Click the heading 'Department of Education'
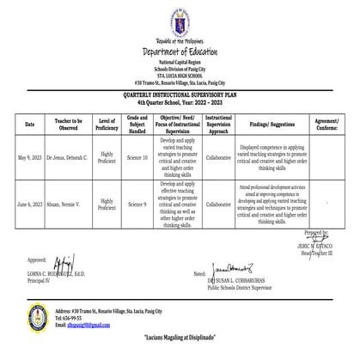click(180, 48)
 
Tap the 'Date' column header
click(30, 125)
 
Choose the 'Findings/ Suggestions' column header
click(268, 125)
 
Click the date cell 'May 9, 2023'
click(30, 158)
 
